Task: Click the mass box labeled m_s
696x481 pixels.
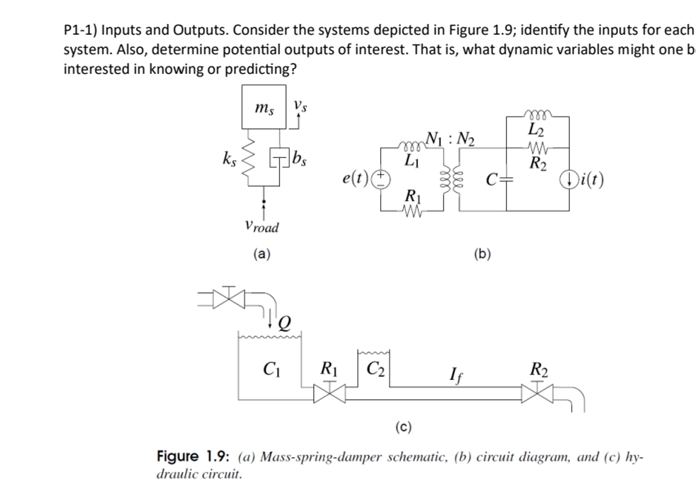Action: coord(264,107)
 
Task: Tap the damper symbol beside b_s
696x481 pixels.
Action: coord(279,157)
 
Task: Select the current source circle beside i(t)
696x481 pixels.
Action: coord(569,180)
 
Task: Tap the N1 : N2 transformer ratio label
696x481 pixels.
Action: coord(450,139)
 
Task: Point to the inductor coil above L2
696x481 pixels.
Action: coord(538,114)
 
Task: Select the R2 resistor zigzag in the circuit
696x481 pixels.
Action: coord(538,148)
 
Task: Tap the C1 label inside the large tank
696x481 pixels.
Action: coord(272,369)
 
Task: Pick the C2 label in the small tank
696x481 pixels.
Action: coord(375,369)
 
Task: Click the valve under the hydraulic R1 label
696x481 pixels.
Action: coord(329,393)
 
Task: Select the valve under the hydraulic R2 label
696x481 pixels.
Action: coord(537,393)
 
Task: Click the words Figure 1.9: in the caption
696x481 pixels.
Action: coord(193,456)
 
